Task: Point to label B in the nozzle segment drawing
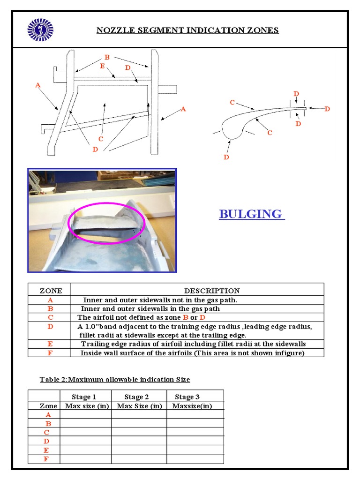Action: [x=107, y=57]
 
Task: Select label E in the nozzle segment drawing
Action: [x=102, y=66]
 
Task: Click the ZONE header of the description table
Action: [x=50, y=291]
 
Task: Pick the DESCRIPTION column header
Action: [x=212, y=291]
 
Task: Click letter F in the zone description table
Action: [x=50, y=352]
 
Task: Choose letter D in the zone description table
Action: [x=50, y=326]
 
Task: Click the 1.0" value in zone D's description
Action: [x=93, y=326]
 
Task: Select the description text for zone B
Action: [x=150, y=308]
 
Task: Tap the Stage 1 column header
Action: [x=84, y=397]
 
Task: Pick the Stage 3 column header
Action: [x=187, y=397]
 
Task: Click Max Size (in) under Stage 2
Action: [x=139, y=406]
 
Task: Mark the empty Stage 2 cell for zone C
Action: [x=139, y=432]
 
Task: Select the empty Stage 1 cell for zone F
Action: [x=86, y=459]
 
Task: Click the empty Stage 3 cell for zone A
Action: [x=195, y=415]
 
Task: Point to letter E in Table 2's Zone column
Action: [x=46, y=450]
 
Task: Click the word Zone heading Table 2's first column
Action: [x=48, y=406]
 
